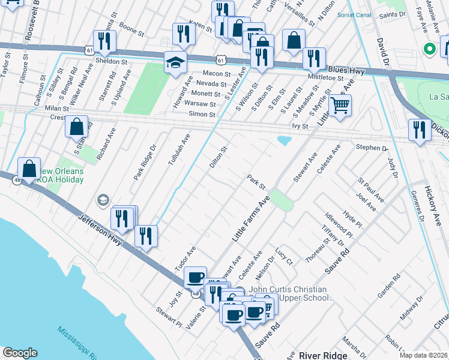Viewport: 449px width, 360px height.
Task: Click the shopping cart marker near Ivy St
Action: coord(340,106)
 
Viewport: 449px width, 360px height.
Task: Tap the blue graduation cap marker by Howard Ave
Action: coord(176,62)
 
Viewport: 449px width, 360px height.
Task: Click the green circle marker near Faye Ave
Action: coord(429,49)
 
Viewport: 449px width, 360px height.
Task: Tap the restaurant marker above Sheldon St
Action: coord(106,41)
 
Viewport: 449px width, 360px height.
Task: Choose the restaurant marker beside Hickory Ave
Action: coord(420,130)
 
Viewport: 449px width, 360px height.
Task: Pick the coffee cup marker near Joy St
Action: coord(195,278)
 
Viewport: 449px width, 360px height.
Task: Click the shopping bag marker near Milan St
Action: coord(77,127)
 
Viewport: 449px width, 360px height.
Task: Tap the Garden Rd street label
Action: coord(388,287)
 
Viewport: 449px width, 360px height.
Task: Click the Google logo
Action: coord(20,353)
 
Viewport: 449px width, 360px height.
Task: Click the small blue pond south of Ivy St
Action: coord(283,140)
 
